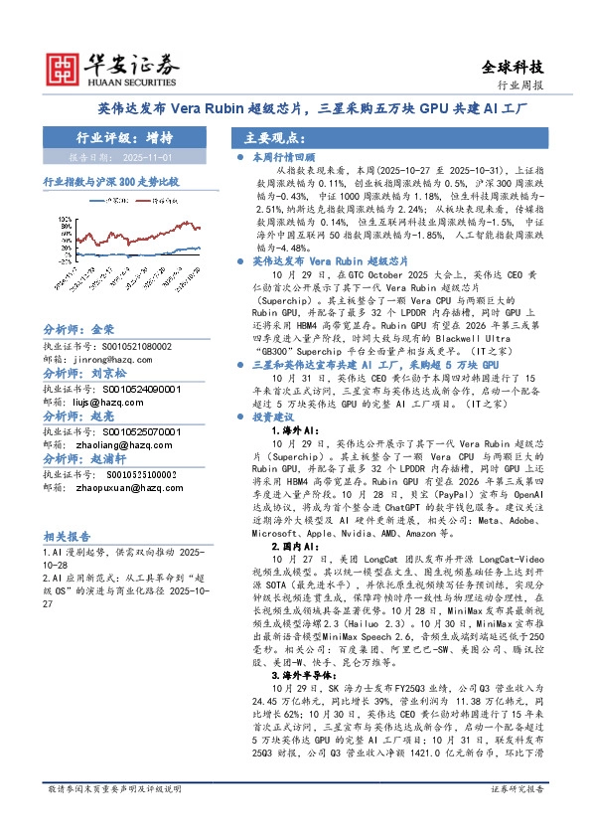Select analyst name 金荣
pyautogui.click(x=103, y=329)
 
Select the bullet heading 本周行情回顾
pyautogui.click(x=282, y=157)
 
